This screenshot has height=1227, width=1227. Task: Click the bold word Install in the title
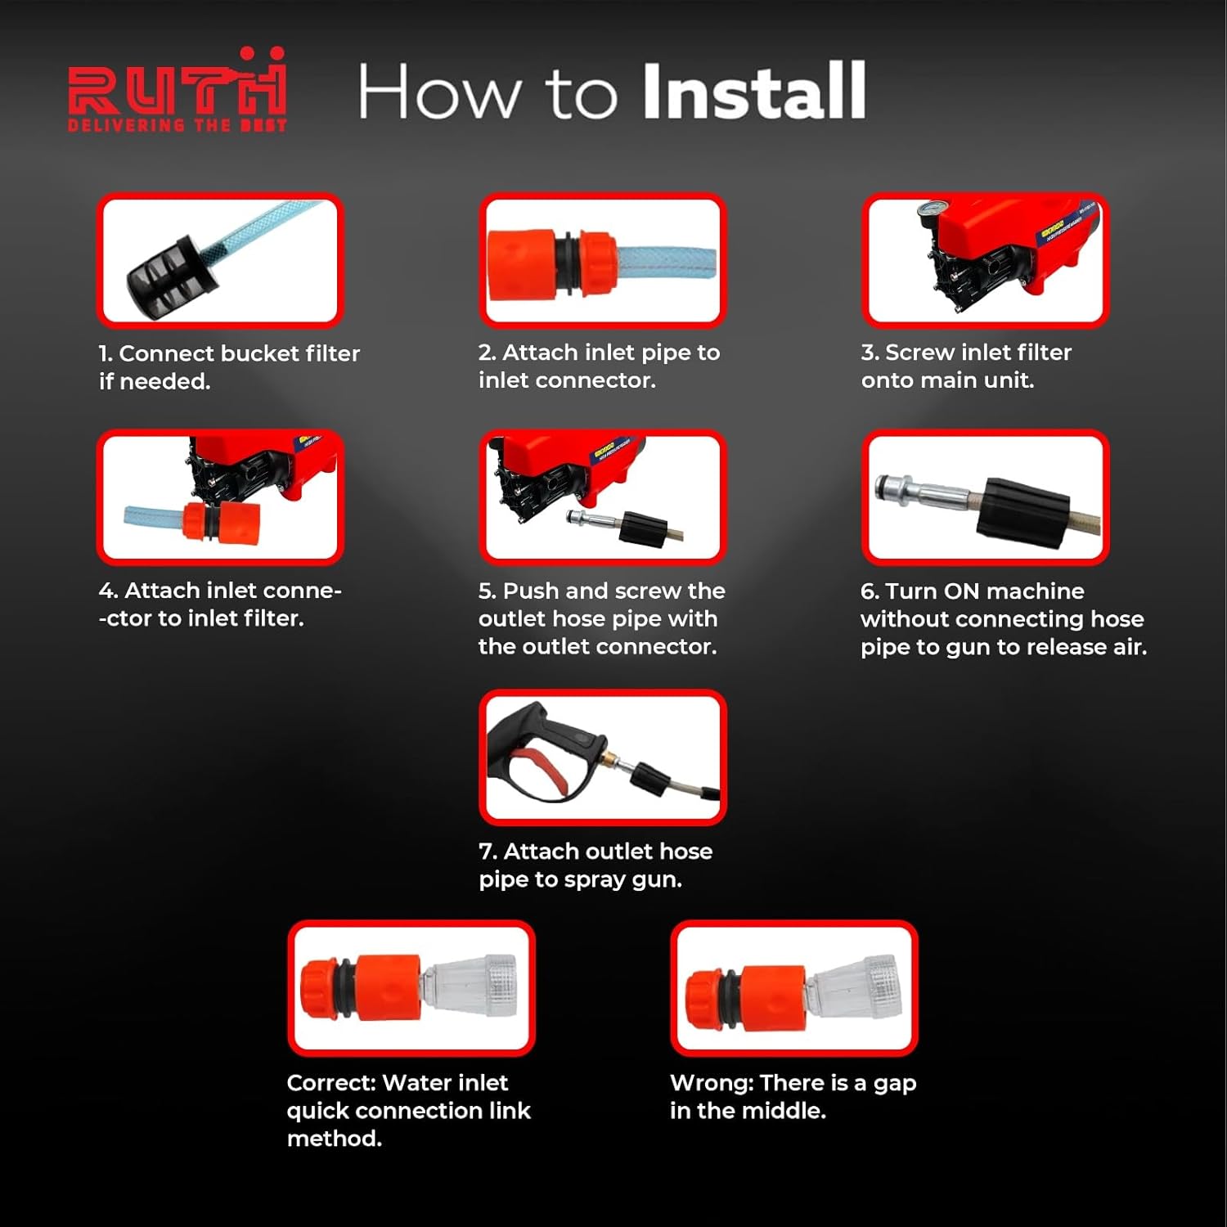click(753, 92)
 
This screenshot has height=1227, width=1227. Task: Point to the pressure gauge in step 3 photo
click(928, 213)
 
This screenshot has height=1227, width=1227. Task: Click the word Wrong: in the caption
click(711, 1083)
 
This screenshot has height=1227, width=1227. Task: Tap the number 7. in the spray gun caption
click(488, 852)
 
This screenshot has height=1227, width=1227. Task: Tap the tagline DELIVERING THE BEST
click(177, 125)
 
